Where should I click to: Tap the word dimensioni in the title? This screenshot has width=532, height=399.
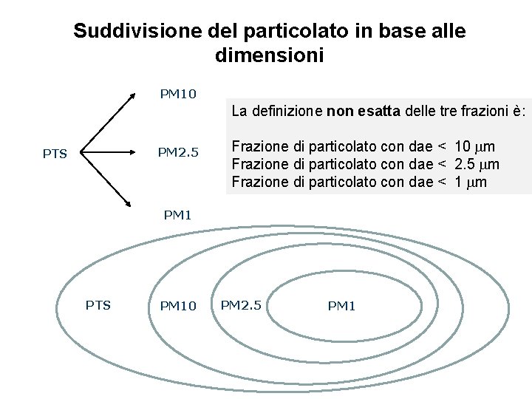click(x=270, y=55)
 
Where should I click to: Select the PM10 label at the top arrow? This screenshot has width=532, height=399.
click(x=178, y=94)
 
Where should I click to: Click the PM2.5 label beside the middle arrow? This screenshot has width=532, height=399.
click(x=178, y=153)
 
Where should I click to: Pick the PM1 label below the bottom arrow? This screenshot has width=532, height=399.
click(x=177, y=215)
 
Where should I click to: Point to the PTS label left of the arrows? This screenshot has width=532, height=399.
click(x=55, y=154)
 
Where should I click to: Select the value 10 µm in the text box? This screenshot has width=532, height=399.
click(x=475, y=146)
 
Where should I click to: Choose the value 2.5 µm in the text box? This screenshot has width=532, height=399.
click(x=477, y=164)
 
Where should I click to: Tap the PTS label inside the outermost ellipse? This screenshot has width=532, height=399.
click(x=98, y=304)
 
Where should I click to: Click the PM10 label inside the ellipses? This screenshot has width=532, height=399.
click(x=178, y=306)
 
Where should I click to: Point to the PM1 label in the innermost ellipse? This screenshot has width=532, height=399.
click(x=341, y=306)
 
